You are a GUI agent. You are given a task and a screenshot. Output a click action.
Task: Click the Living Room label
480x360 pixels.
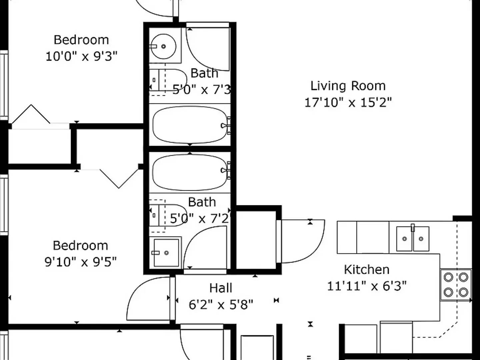point(348,86)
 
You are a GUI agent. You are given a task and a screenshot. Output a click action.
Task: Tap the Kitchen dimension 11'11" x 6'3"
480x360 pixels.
point(367,286)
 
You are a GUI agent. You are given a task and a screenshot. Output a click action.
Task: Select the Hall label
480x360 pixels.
point(221,288)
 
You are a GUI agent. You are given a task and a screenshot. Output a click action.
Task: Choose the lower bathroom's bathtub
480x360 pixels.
point(189,170)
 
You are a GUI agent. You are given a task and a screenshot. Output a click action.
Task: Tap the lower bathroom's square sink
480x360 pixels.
point(166,252)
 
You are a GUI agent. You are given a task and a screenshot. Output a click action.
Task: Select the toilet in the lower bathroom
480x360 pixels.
point(167,215)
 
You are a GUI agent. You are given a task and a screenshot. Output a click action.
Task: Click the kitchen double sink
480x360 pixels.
point(413,239)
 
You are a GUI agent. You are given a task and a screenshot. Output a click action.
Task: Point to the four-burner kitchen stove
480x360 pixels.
point(456,285)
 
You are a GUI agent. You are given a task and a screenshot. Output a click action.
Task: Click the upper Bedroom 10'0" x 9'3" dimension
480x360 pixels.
point(81,56)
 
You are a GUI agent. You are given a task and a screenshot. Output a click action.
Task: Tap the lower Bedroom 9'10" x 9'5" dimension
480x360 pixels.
point(81,262)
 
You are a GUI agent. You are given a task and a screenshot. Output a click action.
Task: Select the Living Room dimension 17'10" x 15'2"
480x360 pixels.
point(348,102)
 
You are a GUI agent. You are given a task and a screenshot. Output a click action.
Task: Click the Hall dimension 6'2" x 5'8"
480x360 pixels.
point(221,304)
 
